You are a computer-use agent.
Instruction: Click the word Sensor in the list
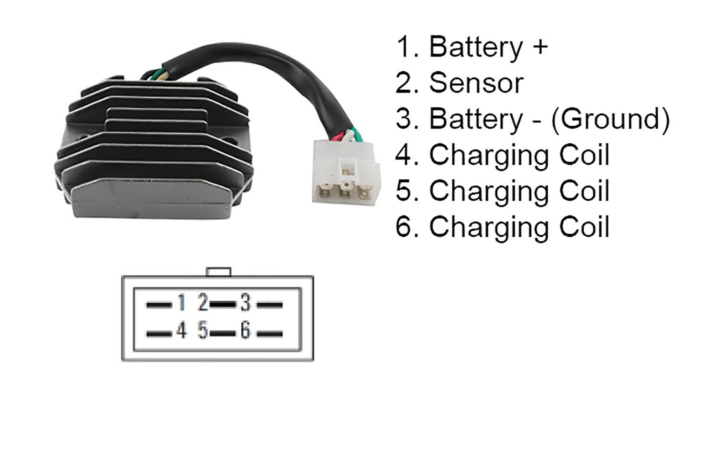click(476, 83)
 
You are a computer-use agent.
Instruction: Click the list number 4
click(404, 155)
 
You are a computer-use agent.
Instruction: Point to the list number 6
click(404, 226)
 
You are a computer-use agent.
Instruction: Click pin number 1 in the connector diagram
click(182, 302)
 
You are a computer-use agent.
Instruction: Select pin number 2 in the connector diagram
click(203, 302)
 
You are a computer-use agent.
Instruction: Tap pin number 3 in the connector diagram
click(246, 302)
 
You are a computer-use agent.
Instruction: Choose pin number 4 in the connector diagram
click(181, 330)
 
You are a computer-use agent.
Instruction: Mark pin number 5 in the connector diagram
click(203, 330)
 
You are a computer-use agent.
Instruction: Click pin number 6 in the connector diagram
click(246, 330)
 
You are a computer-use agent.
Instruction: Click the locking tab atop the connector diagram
click(219, 272)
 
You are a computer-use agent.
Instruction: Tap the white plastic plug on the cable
click(346, 173)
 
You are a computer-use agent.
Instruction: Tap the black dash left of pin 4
click(159, 334)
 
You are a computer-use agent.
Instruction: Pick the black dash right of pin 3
click(270, 305)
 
